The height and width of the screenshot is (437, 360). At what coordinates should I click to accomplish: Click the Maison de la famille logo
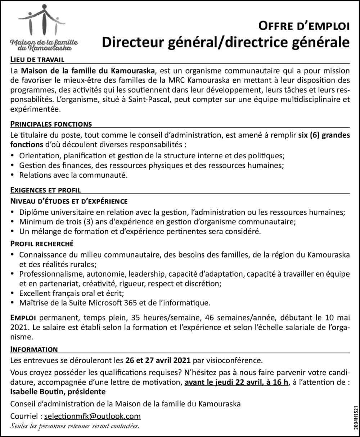(x=45, y=27)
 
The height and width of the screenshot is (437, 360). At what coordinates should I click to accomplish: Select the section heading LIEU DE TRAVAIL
(x=37, y=59)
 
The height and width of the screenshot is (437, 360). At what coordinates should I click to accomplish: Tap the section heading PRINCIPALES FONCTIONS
(x=51, y=124)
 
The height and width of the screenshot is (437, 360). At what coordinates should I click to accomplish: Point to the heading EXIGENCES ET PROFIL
(x=46, y=190)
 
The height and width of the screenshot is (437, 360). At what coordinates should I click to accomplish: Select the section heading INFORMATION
(x=34, y=349)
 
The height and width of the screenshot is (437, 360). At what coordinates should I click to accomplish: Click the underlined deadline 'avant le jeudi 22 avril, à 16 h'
(x=237, y=382)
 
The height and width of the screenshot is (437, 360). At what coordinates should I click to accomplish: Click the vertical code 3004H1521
(x=356, y=413)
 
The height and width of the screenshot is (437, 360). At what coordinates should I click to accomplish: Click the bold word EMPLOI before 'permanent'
(x=23, y=318)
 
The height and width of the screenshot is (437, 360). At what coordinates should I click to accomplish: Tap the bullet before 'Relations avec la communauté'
(x=13, y=175)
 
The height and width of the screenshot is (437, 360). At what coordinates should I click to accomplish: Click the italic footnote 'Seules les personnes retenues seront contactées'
(x=75, y=426)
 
